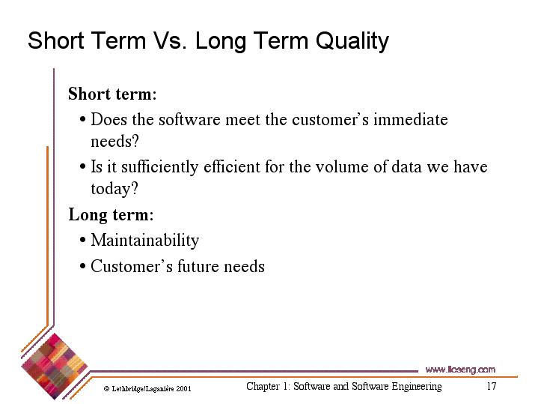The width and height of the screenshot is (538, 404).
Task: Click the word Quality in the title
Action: point(352,41)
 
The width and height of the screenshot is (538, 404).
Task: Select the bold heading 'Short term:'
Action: point(112,94)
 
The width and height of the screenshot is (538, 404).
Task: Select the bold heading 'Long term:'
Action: point(111,215)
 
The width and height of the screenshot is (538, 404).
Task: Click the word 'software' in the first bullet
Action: point(189,120)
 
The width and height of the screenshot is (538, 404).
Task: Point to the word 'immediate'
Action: point(411,120)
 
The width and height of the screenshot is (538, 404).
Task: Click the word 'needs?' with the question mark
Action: point(114,141)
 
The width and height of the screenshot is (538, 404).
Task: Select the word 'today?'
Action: point(114,189)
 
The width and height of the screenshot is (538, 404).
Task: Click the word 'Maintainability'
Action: point(145,241)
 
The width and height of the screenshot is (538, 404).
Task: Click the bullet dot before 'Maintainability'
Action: point(82,240)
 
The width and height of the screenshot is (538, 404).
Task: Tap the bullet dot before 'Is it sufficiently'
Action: point(82,167)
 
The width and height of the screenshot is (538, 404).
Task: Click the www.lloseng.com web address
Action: point(460,370)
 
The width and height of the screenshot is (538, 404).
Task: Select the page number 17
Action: point(492,386)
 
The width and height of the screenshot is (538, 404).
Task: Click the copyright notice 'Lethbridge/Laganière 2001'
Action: point(147,389)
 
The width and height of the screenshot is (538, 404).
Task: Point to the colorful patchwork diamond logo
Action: point(54,367)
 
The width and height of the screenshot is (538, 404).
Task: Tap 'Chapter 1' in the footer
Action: point(268,387)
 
